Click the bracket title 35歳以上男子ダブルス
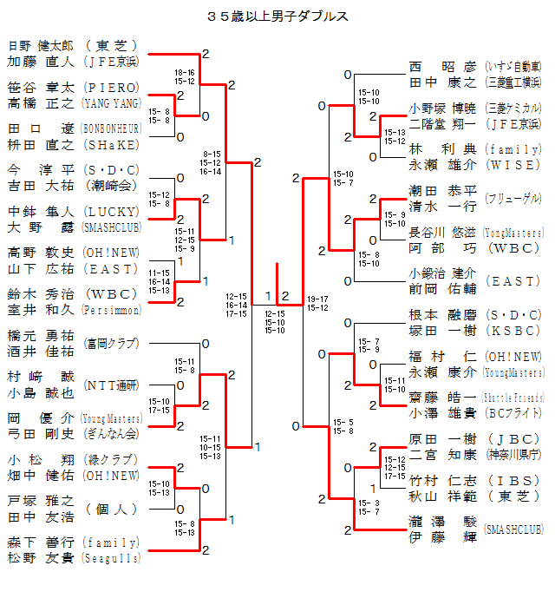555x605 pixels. point(278,16)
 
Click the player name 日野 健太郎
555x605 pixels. point(42,46)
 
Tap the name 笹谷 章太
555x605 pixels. point(42,87)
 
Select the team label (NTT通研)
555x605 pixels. point(111,385)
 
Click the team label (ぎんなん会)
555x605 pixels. point(111,433)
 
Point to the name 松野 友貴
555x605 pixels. point(42,558)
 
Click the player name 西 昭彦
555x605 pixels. point(442,67)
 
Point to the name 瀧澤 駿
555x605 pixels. point(442,522)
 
